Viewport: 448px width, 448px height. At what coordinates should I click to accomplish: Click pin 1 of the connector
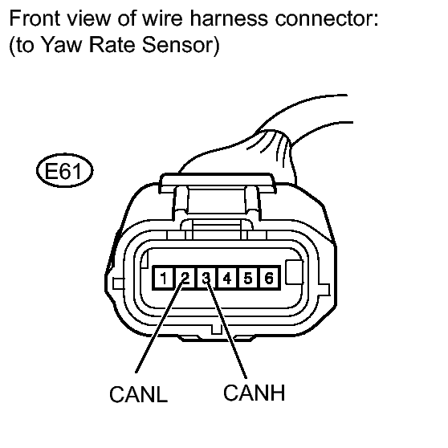click(x=163, y=278)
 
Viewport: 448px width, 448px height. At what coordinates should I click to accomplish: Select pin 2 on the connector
click(x=185, y=278)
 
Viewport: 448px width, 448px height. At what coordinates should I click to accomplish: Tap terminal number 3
click(x=206, y=278)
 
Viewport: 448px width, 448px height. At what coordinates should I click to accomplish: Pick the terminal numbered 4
click(x=227, y=278)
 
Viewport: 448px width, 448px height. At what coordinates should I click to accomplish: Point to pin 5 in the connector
click(x=248, y=278)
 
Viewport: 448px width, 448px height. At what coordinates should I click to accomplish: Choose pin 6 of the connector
click(x=269, y=278)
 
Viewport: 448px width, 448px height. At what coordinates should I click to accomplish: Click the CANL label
click(x=138, y=394)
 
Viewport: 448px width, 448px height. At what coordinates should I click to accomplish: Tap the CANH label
click(x=254, y=393)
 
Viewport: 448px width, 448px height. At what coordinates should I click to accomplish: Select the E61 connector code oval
click(x=64, y=170)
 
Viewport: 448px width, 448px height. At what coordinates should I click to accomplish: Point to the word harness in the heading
click(x=229, y=18)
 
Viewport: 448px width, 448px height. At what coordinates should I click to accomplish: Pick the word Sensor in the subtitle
click(x=177, y=45)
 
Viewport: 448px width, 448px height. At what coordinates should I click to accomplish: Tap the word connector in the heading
click(x=327, y=18)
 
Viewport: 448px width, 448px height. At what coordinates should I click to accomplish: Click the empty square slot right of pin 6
click(x=295, y=272)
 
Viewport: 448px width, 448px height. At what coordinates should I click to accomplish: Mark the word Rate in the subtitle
click(x=112, y=45)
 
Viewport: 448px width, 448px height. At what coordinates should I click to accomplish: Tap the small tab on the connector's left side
click(x=118, y=283)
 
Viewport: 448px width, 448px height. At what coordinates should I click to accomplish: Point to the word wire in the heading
click(x=162, y=18)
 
